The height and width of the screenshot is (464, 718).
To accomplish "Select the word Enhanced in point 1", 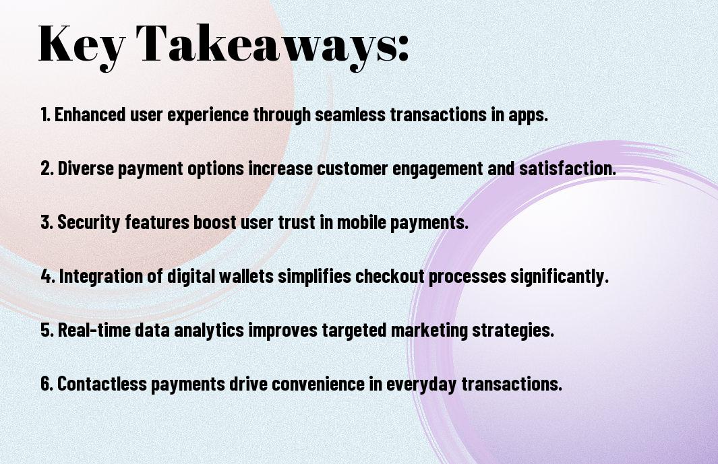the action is [x=90, y=114].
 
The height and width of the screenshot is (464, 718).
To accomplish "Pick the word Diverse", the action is [x=86, y=168].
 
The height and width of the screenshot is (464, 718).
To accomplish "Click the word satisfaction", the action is [x=568, y=168].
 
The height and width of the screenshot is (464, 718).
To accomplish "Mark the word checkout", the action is [x=390, y=276].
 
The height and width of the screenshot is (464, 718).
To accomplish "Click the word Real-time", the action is [x=94, y=329].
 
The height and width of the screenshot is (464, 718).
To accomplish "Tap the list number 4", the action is [x=47, y=276].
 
